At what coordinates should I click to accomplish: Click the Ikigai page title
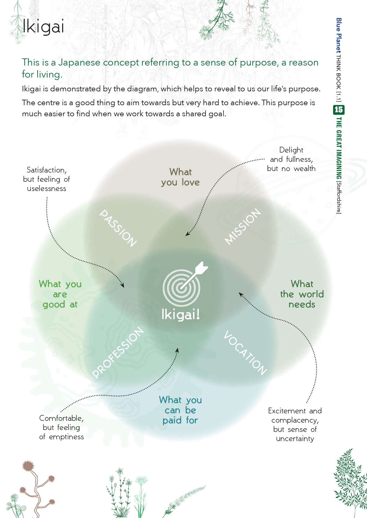click(43, 26)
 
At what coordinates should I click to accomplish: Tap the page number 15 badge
click(339, 110)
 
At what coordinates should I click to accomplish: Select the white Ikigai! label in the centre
click(181, 314)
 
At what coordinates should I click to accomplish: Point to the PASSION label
click(118, 228)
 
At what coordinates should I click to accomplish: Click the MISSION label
click(243, 226)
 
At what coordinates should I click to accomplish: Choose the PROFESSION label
click(118, 352)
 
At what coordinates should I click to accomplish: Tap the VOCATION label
click(245, 353)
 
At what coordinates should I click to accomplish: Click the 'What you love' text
click(181, 177)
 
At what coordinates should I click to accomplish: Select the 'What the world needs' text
click(302, 294)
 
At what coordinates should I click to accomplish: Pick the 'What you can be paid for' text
click(181, 410)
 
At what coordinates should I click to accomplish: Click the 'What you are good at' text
click(60, 294)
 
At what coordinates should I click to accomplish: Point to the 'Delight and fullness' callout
click(291, 159)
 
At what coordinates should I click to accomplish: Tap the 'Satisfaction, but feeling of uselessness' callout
click(47, 179)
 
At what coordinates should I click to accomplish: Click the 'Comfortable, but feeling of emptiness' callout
click(61, 427)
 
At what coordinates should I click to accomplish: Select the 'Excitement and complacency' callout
click(295, 424)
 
